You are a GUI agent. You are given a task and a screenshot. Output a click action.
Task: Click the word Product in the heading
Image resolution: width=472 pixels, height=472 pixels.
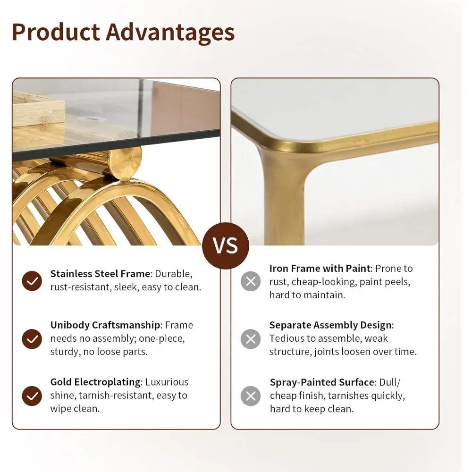coord(55,32)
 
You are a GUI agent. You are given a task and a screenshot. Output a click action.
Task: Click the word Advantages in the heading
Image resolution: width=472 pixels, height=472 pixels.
coord(170,32)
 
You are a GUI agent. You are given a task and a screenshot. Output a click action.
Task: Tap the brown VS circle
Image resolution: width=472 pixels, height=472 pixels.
coord(226,246)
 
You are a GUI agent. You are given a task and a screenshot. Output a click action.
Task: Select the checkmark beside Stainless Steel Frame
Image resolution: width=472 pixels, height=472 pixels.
coord(32,281)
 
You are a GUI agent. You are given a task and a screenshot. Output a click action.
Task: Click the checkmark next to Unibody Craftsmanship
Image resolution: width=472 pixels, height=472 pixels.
coord(32,338)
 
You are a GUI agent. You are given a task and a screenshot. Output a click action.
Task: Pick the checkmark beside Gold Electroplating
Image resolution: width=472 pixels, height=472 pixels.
coord(32,396)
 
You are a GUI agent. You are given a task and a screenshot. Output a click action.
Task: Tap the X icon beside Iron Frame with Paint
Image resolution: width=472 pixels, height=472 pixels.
coord(251,281)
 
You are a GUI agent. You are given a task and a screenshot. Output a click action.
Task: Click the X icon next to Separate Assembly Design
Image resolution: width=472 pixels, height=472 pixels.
coord(251,339)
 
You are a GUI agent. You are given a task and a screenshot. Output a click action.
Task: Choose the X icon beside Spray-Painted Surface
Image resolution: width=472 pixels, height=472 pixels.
coord(251,396)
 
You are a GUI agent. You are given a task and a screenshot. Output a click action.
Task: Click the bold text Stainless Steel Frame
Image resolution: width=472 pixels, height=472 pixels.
coord(100,274)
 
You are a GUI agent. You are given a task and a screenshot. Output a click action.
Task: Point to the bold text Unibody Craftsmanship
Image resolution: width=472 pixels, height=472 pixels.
coord(105,325)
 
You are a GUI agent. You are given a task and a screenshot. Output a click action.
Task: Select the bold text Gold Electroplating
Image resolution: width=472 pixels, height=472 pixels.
coord(95,382)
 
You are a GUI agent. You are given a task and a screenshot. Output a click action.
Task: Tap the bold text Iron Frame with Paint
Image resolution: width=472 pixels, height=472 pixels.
coord(320,269)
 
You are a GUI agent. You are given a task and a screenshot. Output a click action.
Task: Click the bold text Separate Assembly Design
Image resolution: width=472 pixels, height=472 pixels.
coord(330,325)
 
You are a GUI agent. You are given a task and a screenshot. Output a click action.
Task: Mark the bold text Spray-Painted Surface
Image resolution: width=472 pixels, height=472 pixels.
coord(321,382)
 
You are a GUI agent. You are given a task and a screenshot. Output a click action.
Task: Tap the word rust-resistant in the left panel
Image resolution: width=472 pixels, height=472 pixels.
coord(80,287)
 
